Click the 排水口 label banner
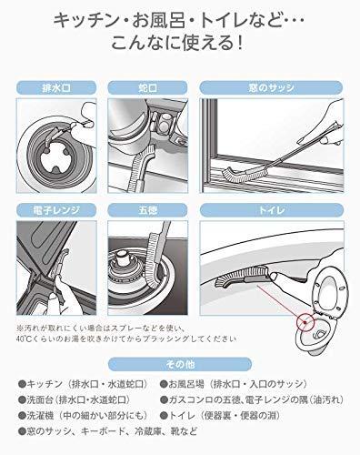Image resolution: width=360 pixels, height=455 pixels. (56, 87)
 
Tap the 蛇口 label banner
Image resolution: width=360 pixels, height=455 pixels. (147, 87)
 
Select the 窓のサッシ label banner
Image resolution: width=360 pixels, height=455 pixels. (271, 87)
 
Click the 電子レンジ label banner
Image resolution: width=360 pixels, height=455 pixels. (56, 210)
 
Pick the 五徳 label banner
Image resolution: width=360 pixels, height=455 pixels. (147, 210)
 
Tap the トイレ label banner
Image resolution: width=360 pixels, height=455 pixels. (272, 210)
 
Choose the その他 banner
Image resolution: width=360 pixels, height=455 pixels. (180, 364)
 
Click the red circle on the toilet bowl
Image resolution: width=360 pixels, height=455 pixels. (305, 322)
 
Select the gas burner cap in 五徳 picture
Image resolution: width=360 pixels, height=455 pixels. (123, 257)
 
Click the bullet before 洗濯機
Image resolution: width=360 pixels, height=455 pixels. (22, 415)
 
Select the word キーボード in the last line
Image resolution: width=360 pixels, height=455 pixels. (103, 431)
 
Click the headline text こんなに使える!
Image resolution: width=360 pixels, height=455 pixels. (177, 44)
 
